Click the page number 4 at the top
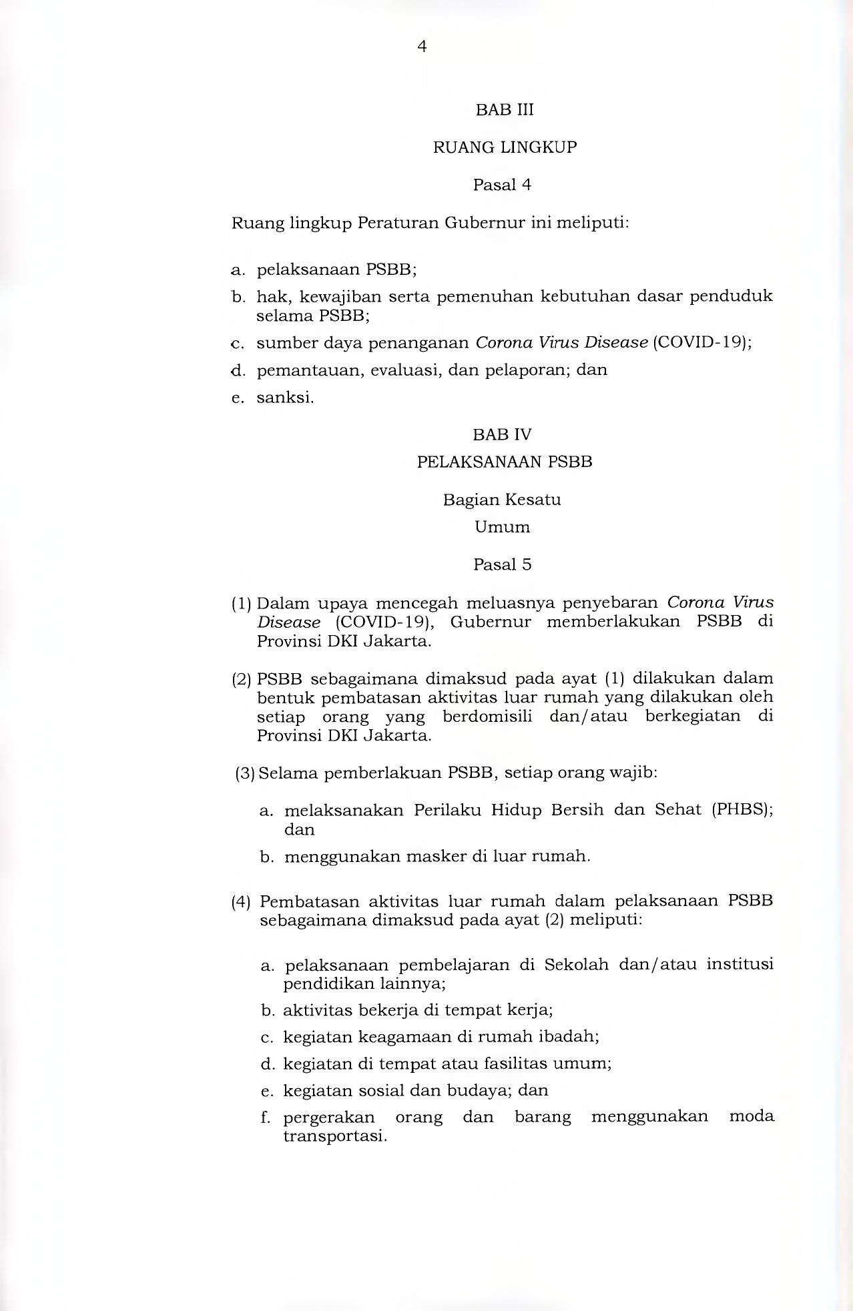pos(422,47)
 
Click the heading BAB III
pos(505,110)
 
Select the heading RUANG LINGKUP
pos(505,147)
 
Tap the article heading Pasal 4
pos(502,185)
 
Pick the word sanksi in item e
pos(285,398)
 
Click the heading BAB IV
pos(502,435)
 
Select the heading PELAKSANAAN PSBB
pos(505,462)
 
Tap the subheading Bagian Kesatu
pos(502,500)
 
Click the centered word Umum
pos(502,527)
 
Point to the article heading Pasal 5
pos(502,564)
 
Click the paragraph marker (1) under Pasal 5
pos(241,604)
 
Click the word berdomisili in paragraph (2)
pos(487,717)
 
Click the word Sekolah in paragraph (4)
pos(576,965)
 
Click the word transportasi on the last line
pos(334,1136)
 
